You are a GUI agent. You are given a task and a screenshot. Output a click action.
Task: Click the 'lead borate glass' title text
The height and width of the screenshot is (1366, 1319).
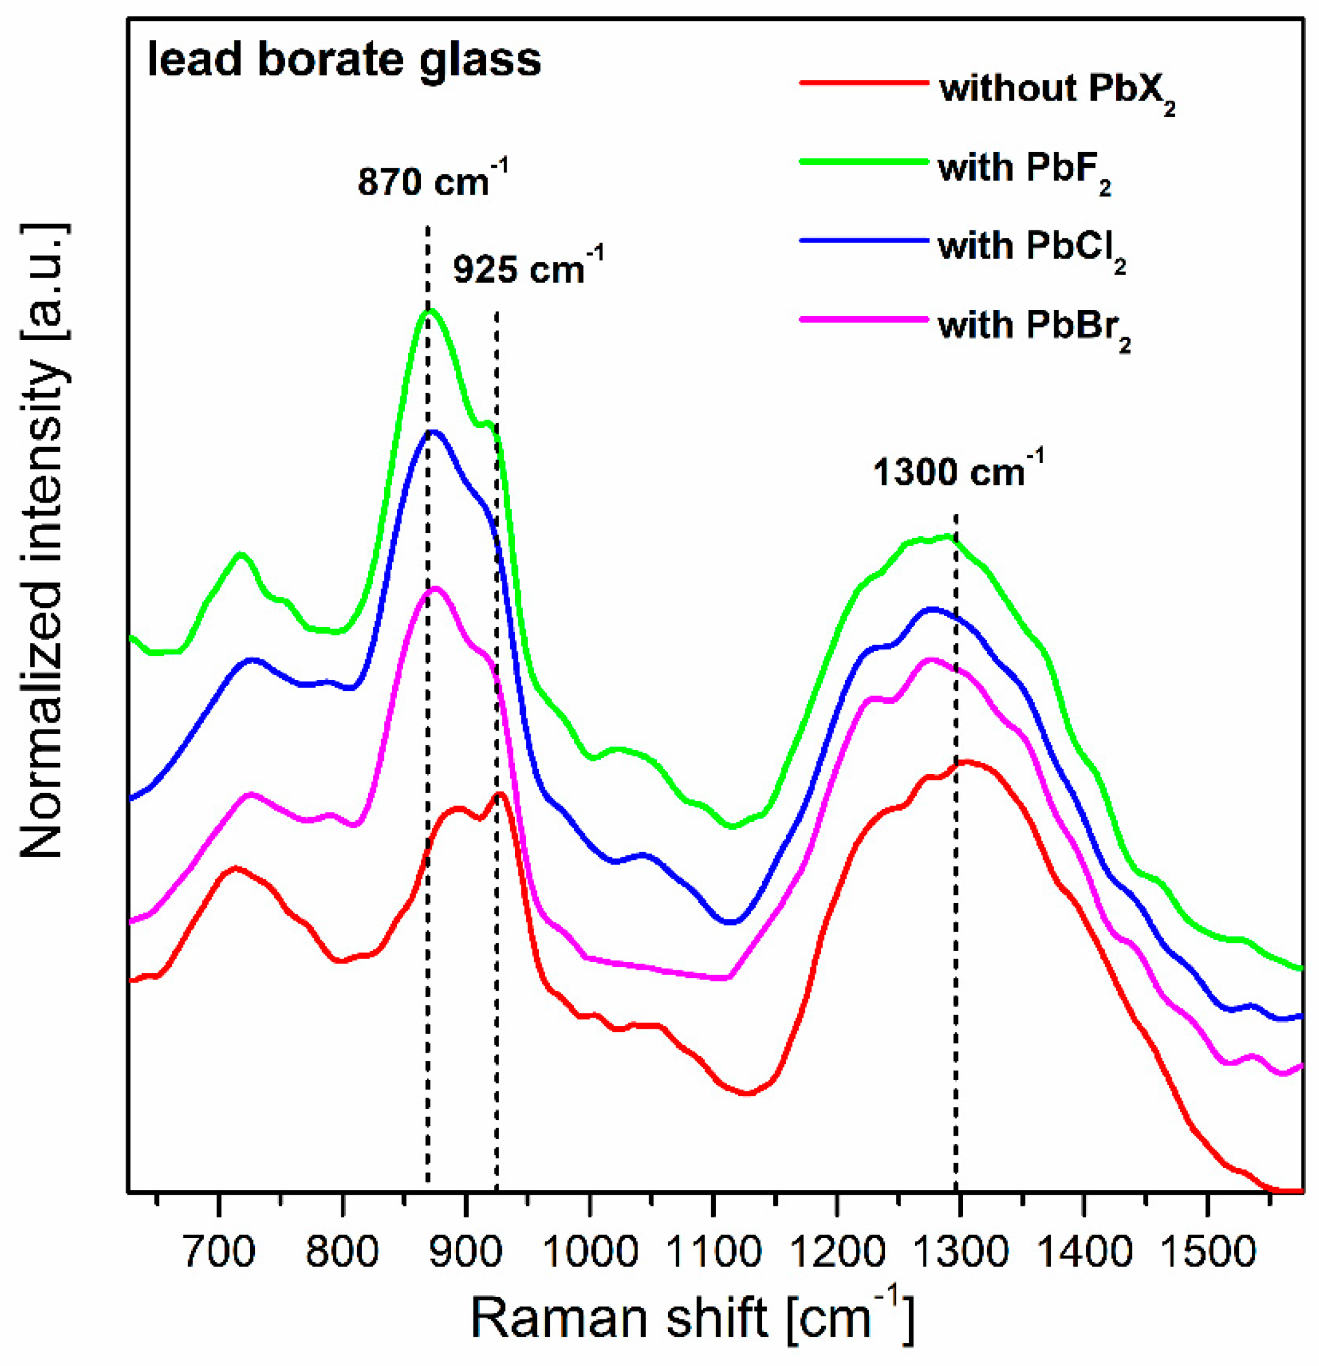(x=344, y=60)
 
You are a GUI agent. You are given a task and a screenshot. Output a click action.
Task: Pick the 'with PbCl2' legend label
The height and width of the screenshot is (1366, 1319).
(x=1031, y=247)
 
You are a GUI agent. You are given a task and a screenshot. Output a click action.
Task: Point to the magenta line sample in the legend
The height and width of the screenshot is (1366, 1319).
(x=863, y=319)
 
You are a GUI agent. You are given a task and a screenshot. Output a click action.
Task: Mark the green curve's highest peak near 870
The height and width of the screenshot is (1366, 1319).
(x=431, y=311)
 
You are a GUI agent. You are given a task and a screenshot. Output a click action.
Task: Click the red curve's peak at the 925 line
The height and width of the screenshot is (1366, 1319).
(x=499, y=794)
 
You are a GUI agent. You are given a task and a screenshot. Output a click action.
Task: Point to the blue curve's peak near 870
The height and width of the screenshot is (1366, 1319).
(x=434, y=431)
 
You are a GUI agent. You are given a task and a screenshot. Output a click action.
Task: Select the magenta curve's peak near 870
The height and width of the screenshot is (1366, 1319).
(x=436, y=588)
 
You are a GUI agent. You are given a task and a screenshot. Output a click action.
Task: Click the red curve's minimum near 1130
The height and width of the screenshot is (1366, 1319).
(x=746, y=1094)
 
